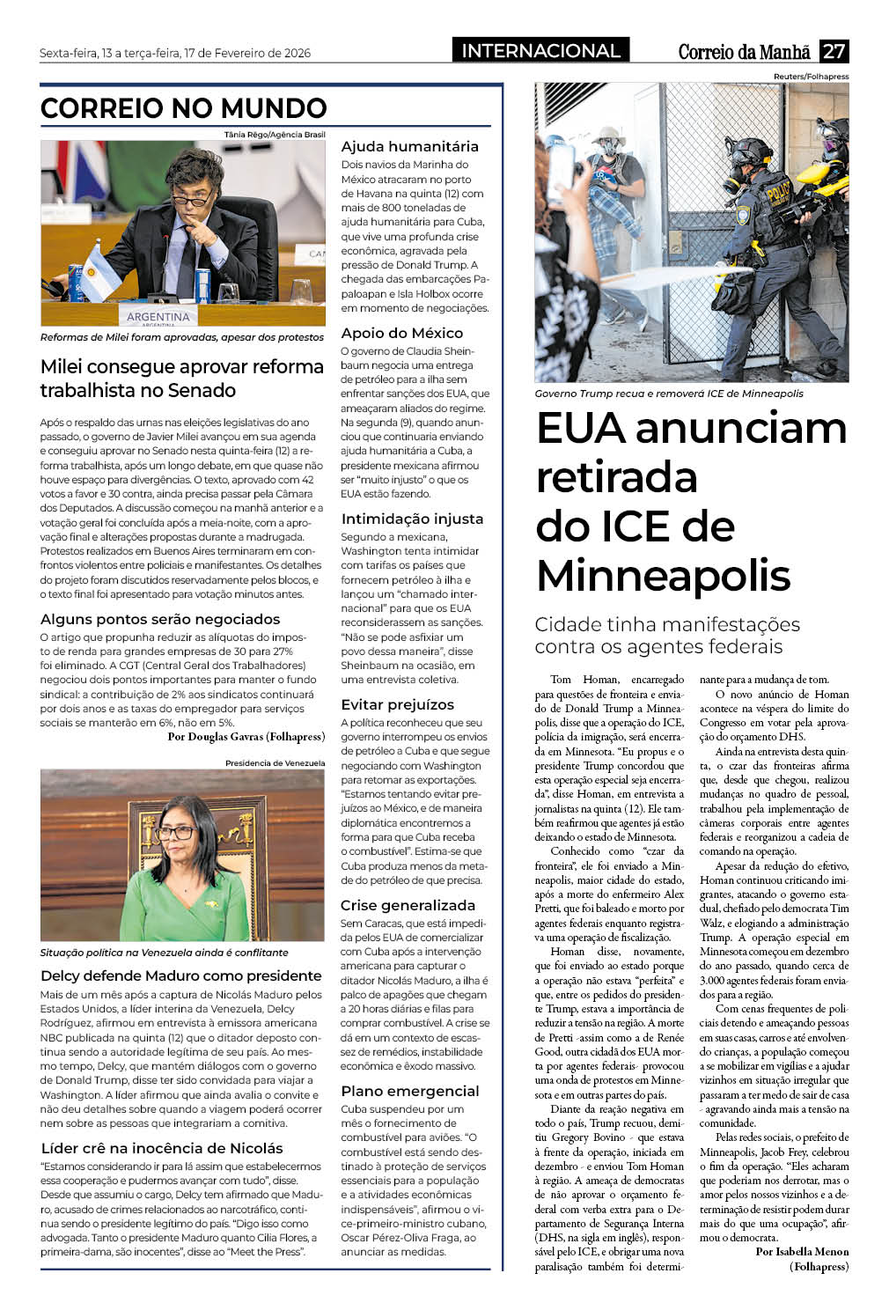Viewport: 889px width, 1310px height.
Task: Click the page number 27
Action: [x=834, y=51]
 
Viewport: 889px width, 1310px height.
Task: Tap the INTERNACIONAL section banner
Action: [x=540, y=50]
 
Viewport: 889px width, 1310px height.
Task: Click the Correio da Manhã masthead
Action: [x=744, y=52]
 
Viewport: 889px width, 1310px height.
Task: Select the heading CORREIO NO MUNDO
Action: [x=184, y=108]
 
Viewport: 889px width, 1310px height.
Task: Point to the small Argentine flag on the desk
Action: [x=99, y=274]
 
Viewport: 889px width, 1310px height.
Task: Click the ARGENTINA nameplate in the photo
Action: [x=158, y=317]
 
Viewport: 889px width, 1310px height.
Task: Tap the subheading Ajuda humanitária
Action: [x=409, y=146]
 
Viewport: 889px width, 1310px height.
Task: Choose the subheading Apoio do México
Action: [x=401, y=333]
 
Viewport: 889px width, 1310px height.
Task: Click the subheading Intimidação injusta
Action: [x=412, y=519]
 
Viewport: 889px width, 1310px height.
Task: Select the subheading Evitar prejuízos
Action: [x=397, y=704]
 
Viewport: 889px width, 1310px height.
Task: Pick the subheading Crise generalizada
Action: [x=408, y=905]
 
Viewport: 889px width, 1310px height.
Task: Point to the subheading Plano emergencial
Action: [x=410, y=1091]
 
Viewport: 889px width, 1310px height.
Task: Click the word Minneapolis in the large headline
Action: [x=664, y=576]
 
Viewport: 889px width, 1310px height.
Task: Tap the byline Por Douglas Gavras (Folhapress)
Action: [x=246, y=736]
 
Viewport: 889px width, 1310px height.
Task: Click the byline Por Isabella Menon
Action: [x=802, y=1251]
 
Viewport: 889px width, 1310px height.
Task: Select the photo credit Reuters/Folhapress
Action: [x=811, y=77]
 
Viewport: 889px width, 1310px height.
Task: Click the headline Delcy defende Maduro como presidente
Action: [x=181, y=975]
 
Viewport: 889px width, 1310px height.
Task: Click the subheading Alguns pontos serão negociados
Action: [x=160, y=619]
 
